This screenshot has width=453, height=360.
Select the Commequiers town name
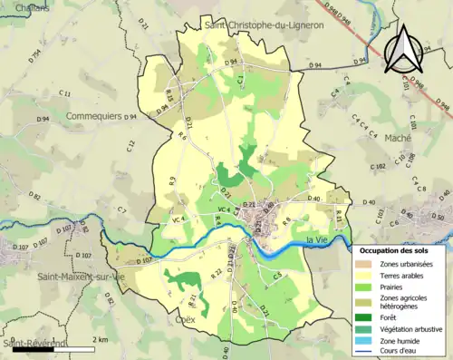95,116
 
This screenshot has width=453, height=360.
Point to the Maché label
398,137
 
